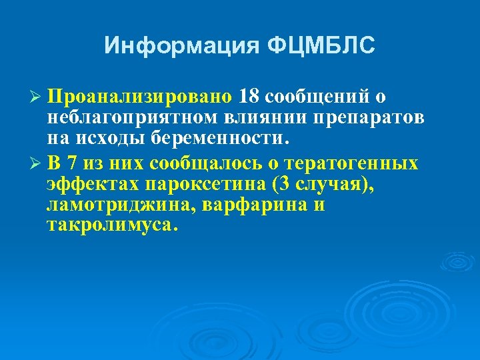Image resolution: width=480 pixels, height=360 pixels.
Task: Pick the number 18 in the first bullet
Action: [249, 97]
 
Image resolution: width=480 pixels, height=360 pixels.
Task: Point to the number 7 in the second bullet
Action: [71, 163]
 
